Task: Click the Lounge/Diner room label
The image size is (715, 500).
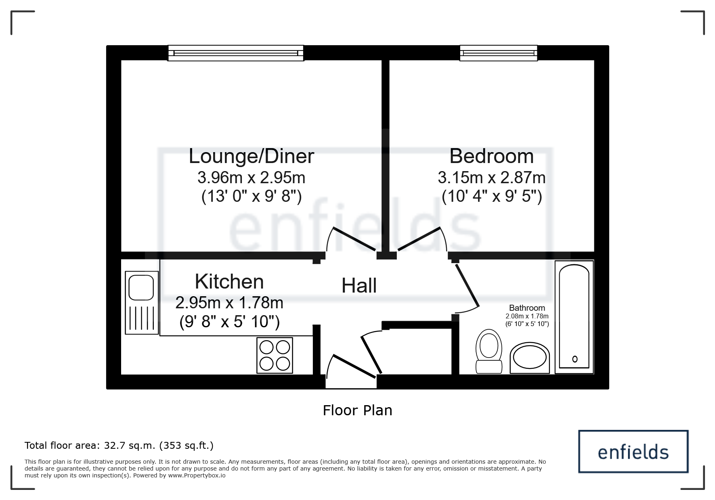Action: click(251, 156)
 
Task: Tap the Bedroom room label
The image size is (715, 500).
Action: click(491, 156)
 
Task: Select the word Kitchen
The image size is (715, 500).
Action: click(229, 282)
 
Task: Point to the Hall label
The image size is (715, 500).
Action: click(359, 286)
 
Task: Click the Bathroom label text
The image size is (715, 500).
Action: click(527, 308)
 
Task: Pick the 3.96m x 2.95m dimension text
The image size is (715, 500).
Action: click(251, 178)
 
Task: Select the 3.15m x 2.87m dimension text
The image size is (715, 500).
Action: click(491, 178)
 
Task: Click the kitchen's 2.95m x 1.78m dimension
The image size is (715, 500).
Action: click(229, 303)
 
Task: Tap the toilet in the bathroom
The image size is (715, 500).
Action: click(489, 351)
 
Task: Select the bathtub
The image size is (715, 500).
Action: click(574, 317)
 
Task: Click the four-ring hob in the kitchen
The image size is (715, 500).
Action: click(275, 355)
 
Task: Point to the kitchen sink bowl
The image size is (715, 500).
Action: click(141, 288)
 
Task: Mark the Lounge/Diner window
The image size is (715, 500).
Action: click(236, 53)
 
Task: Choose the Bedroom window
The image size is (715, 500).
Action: click(499, 53)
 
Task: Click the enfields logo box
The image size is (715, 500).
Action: click(633, 451)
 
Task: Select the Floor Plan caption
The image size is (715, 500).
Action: click(357, 410)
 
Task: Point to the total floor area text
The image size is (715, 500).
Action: click(119, 446)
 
